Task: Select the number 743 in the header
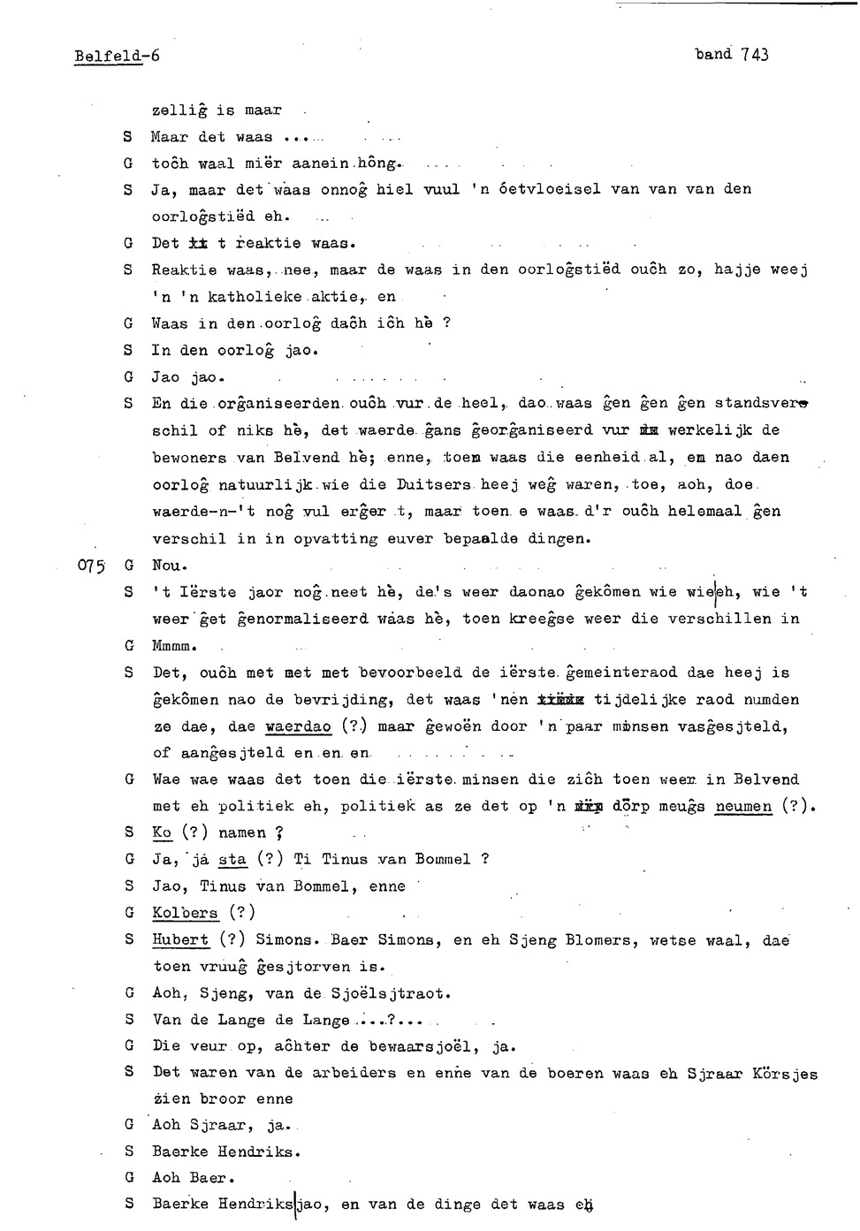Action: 755,55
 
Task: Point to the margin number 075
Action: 92,566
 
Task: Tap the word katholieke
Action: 255,297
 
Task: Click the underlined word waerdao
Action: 298,726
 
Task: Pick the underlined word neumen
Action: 743,807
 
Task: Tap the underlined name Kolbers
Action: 185,913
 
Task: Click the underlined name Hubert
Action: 180,940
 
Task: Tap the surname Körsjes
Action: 784,1075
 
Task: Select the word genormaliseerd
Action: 302,619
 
